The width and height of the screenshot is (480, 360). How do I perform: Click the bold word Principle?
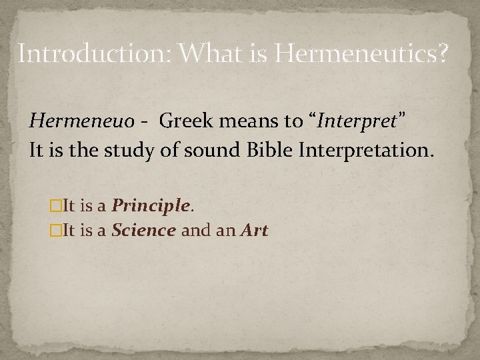pyautogui.click(x=150, y=206)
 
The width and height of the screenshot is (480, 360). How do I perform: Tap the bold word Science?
pyautogui.click(x=144, y=231)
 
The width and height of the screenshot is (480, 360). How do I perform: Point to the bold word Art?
pyautogui.click(x=255, y=231)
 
